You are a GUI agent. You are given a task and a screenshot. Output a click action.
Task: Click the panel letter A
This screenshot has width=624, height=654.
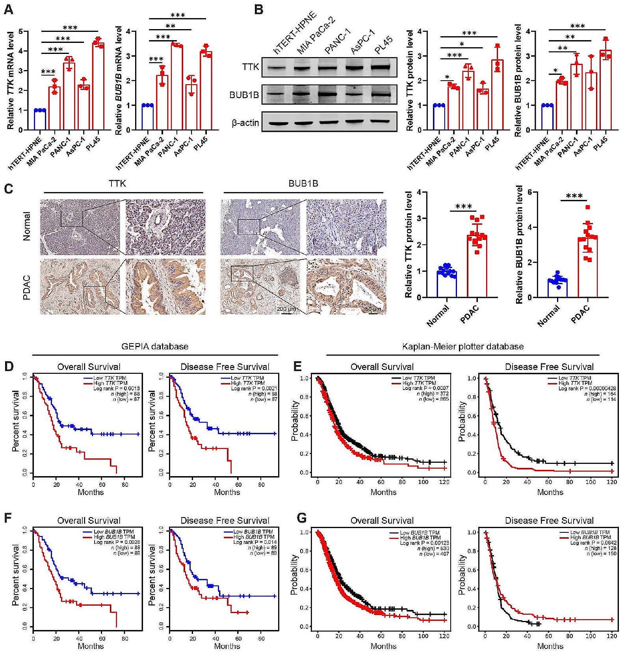click(x=8, y=9)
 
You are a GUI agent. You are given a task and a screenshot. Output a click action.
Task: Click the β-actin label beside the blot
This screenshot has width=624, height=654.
click(x=245, y=123)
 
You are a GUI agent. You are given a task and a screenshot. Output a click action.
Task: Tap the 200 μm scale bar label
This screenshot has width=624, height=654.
click(x=286, y=309)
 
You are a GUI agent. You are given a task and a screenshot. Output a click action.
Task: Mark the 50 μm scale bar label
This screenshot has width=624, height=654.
click(x=373, y=309)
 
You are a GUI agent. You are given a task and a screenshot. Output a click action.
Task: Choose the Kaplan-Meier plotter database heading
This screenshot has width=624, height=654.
click(x=463, y=347)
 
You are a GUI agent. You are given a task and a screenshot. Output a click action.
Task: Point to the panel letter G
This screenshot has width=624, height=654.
click(x=301, y=518)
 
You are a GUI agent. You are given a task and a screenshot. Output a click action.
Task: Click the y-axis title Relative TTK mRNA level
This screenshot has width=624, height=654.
click(x=11, y=80)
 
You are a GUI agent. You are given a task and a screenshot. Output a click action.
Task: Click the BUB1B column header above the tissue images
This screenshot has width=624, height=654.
click(x=303, y=183)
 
